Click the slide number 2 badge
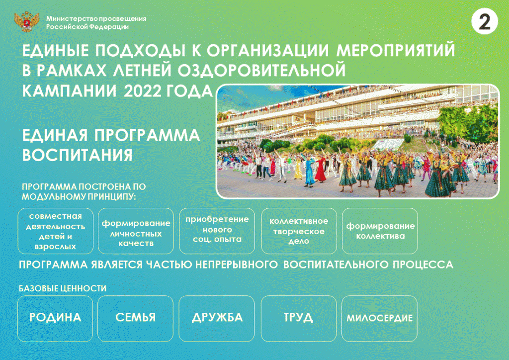pyautogui.click(x=484, y=21)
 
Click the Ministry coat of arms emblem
pyautogui.click(x=27, y=21)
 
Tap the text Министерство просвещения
pyautogui.click(x=96, y=18)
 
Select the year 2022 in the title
pyautogui.click(x=142, y=91)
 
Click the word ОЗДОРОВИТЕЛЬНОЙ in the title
pyautogui.click(x=261, y=71)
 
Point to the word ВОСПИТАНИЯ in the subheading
pyautogui.click(x=77, y=155)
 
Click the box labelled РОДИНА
pyautogui.click(x=55, y=318)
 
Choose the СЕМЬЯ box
pyautogui.click(x=135, y=318)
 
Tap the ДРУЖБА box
pyautogui.click(x=217, y=318)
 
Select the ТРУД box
pyautogui.click(x=299, y=318)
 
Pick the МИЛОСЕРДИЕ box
pyautogui.click(x=379, y=318)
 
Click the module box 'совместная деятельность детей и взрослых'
pyautogui.click(x=56, y=231)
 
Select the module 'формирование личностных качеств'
pyautogui.click(x=136, y=231)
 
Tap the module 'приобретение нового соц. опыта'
pyautogui.click(x=217, y=231)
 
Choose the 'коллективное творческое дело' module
pyautogui.click(x=299, y=231)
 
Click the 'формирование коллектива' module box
pyautogui.click(x=380, y=231)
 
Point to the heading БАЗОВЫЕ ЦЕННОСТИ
pyautogui.click(x=63, y=288)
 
